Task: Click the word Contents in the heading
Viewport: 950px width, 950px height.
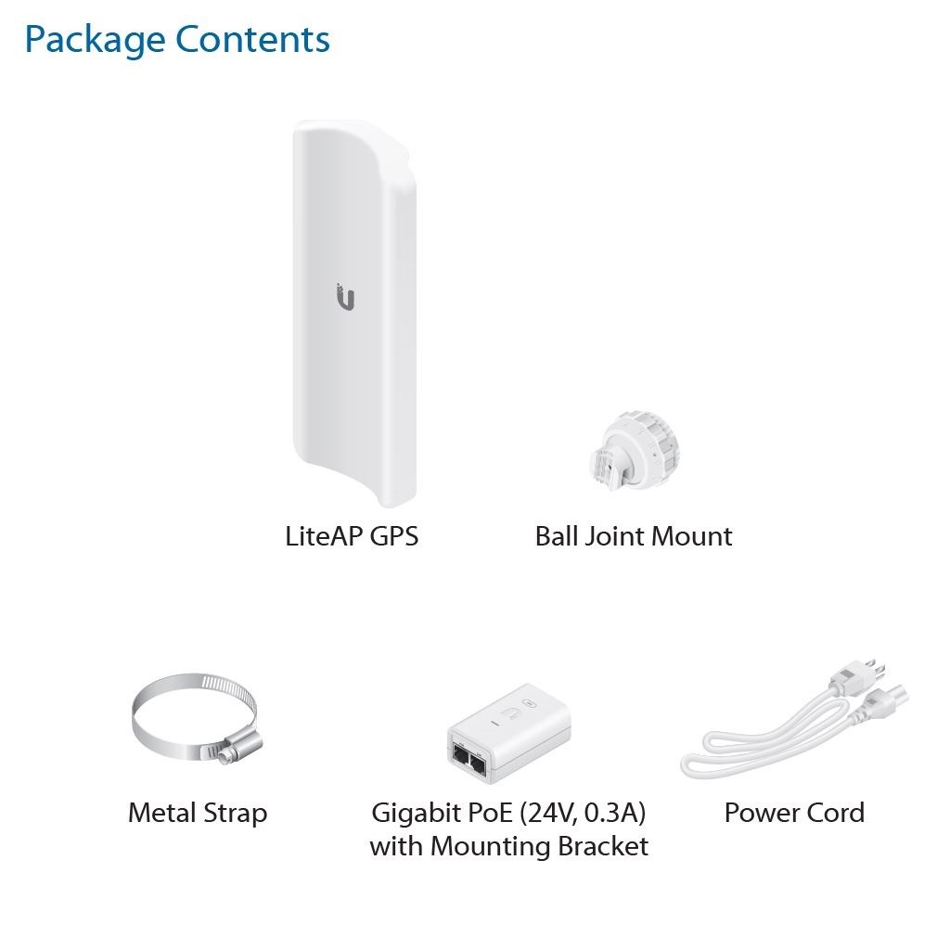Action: [x=252, y=39]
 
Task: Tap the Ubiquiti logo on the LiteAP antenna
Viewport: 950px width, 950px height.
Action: [x=345, y=297]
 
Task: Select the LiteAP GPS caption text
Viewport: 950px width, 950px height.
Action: [x=352, y=536]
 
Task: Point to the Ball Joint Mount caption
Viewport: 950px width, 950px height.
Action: [x=634, y=536]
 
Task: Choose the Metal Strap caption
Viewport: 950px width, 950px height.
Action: [x=198, y=813]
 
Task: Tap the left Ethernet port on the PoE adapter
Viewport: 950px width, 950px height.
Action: [x=460, y=755]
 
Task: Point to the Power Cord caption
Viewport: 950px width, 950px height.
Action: [x=794, y=813]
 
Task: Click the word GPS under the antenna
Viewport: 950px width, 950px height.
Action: [x=393, y=536]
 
